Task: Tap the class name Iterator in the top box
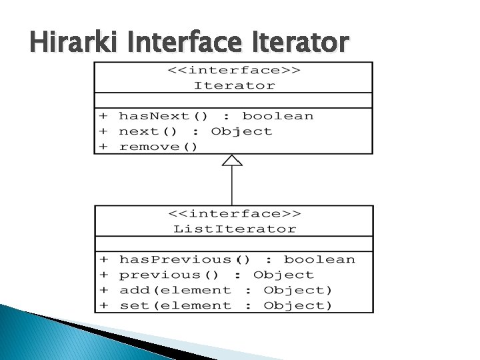coord(234,85)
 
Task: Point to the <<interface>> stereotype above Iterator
coord(234,71)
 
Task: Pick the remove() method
coord(158,147)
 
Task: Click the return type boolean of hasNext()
coord(277,116)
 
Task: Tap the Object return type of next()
coord(242,131)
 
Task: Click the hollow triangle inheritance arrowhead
coord(232,160)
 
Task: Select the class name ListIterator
coord(235,229)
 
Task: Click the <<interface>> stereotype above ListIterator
coord(234,214)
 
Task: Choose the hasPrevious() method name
coord(185,259)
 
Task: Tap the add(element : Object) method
coord(225,290)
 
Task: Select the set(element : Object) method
coord(225,305)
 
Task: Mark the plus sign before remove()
coord(104,147)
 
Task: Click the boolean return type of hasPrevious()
coord(319,259)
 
